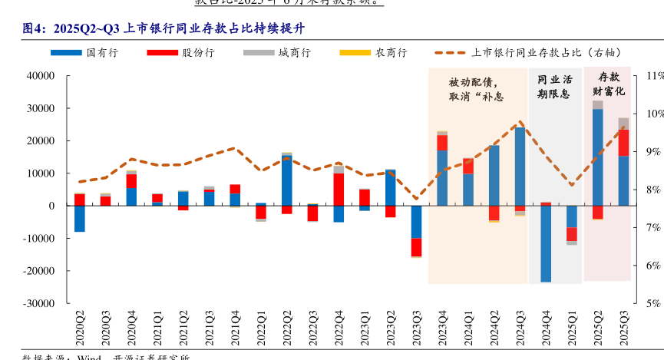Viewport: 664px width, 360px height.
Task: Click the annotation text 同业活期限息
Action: coord(554,87)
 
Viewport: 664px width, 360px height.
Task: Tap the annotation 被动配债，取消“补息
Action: coord(476,90)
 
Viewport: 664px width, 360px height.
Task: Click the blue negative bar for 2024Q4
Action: coord(546,243)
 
